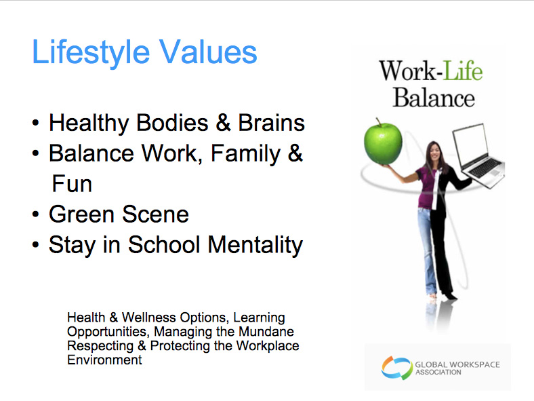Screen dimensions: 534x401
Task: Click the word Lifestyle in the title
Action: [91, 52]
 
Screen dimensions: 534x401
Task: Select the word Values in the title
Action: [208, 52]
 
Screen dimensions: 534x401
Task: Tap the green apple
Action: [383, 142]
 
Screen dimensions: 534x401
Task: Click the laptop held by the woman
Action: [478, 155]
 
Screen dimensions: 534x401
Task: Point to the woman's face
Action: [435, 152]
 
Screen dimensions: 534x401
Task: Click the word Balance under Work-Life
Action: [434, 98]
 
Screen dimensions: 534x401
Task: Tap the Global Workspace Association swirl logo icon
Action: [396, 368]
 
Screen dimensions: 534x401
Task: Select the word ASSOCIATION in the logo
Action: [438, 373]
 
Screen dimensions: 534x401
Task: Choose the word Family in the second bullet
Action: [245, 154]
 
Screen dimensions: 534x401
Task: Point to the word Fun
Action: [72, 184]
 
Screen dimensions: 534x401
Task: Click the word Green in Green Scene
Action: [81, 214]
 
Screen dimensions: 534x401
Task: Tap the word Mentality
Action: [255, 245]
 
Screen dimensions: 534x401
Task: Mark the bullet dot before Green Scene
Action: [36, 214]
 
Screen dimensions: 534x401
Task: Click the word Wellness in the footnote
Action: [149, 318]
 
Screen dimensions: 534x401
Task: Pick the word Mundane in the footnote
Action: [266, 331]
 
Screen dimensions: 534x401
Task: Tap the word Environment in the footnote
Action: [104, 360]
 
